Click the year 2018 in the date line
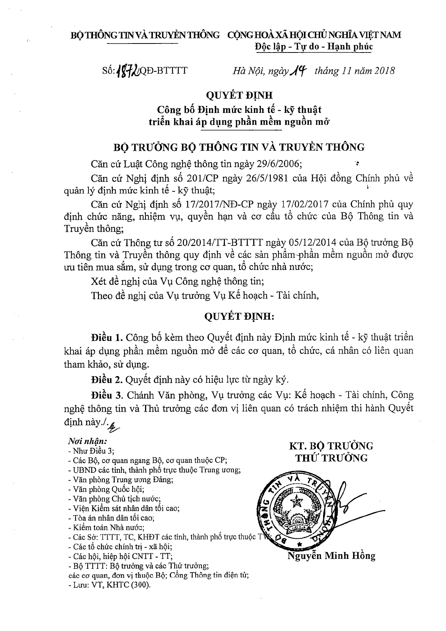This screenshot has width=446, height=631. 383,70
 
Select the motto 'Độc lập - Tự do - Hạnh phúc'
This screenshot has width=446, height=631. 313,46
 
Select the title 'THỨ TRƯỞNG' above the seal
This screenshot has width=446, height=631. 331,458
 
